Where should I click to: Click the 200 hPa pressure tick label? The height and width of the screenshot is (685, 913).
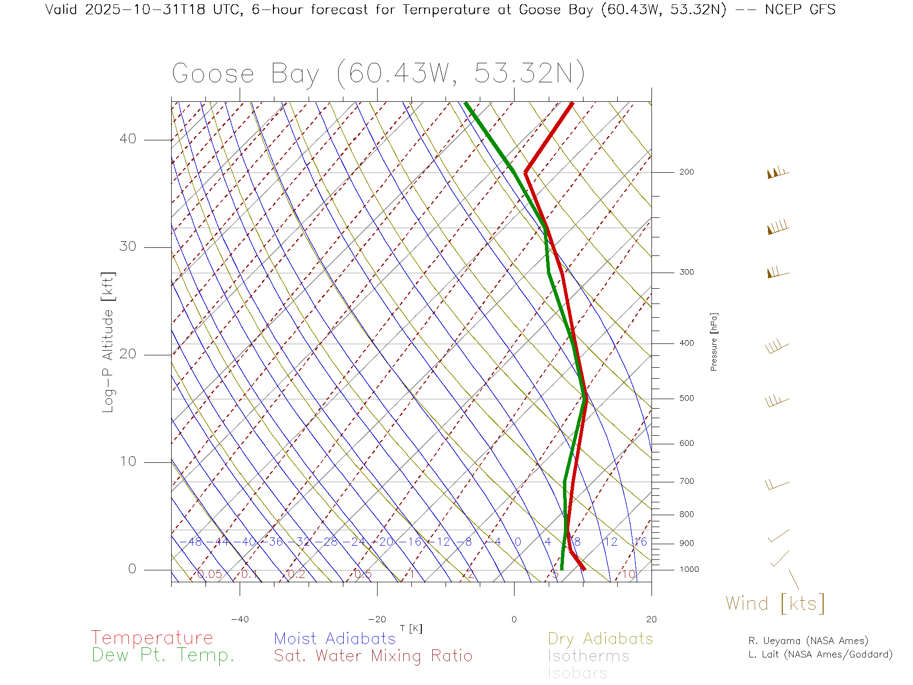[x=686, y=172]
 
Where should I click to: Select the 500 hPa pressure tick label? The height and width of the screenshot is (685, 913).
[x=686, y=399]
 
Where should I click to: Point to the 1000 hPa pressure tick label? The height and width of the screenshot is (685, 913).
[x=689, y=570]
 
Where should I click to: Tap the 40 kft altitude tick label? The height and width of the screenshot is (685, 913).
[x=128, y=139]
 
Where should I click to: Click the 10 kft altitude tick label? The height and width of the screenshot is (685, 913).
[x=128, y=461]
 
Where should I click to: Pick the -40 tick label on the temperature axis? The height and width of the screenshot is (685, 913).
[x=240, y=619]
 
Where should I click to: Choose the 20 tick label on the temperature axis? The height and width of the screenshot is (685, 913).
[x=651, y=619]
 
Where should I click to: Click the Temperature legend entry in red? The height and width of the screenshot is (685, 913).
[x=152, y=638]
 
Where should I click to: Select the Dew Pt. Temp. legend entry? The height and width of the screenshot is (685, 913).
[x=163, y=656]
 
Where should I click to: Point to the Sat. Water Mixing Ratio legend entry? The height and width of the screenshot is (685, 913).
[x=373, y=656]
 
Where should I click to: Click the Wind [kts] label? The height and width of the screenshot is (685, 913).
[x=775, y=604]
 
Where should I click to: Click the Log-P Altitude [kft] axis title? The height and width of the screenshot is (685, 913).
[x=108, y=342]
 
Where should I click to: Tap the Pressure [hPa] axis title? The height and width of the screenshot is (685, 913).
[x=714, y=342]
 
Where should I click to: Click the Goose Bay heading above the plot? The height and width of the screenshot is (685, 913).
[x=378, y=74]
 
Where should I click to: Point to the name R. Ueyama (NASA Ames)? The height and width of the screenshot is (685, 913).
[x=808, y=641]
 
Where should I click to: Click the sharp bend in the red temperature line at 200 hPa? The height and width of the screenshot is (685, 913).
[x=525, y=172]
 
